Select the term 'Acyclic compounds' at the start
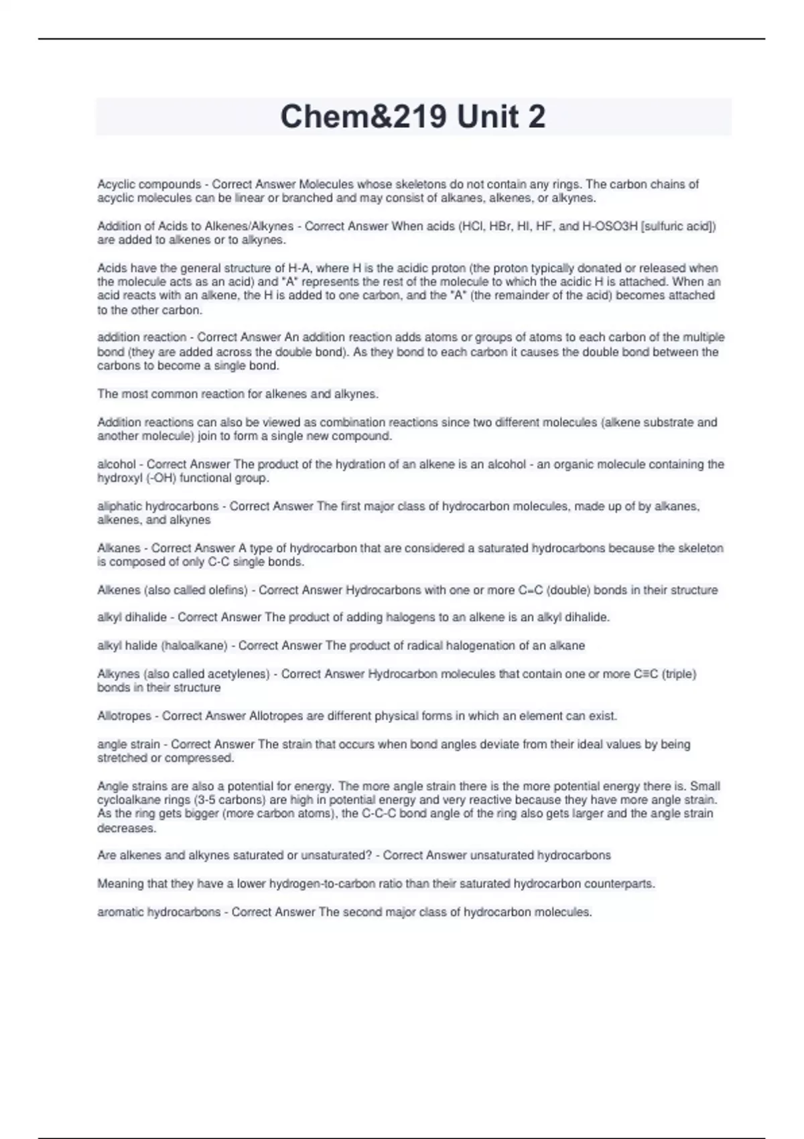pos(149,184)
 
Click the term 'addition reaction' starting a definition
pos(141,338)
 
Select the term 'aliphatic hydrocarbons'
pos(157,507)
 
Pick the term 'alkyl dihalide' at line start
pos(131,618)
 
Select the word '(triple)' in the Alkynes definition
pos(679,674)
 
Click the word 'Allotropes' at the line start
pos(124,716)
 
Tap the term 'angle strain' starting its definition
pos(129,744)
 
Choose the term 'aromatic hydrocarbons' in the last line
pos(159,912)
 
